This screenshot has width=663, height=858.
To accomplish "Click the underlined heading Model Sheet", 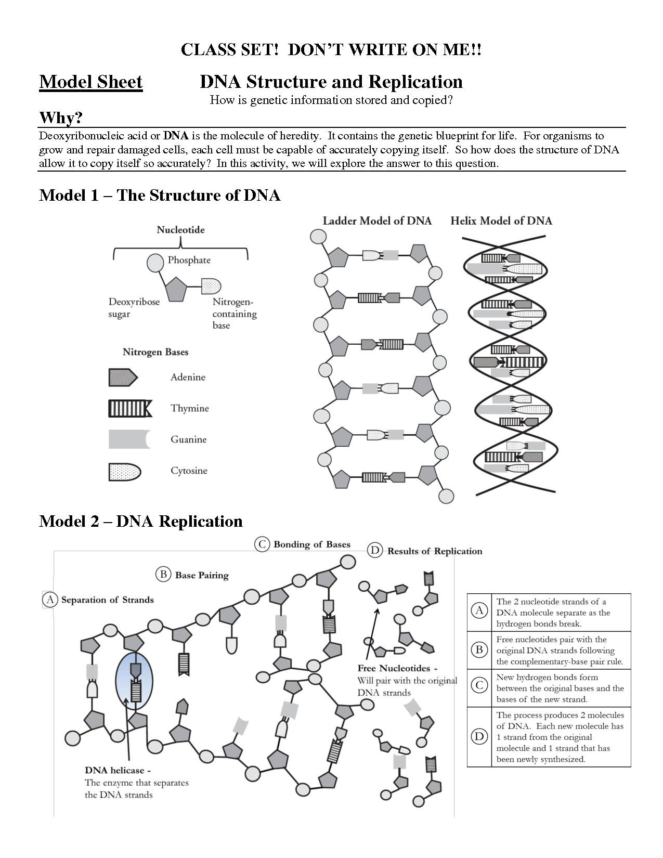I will click(x=90, y=82).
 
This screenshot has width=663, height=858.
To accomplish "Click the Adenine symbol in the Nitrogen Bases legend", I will click(x=123, y=378).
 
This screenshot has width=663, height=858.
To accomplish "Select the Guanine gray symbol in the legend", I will click(x=129, y=439).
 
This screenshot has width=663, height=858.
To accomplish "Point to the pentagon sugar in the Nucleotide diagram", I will click(x=176, y=289).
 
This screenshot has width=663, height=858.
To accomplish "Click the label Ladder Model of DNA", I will click(x=377, y=221).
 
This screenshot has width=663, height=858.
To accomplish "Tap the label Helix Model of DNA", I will click(x=501, y=221).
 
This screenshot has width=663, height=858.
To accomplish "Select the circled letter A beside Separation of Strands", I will click(x=50, y=600).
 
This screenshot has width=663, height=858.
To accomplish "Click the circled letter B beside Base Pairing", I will click(x=163, y=575).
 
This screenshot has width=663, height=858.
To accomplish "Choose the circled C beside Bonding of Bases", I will click(x=262, y=544).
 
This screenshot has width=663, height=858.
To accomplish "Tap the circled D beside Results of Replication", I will click(x=375, y=551).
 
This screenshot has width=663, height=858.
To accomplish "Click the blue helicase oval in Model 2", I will click(x=135, y=682).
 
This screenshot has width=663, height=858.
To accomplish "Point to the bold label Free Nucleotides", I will click(x=397, y=668).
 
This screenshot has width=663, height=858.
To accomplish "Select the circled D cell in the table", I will click(x=479, y=736).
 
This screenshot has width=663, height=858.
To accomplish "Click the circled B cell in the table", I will click(x=479, y=650).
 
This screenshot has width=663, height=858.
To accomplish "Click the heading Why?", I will click(x=61, y=118).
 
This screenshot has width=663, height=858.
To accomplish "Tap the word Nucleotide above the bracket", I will click(x=180, y=230).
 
